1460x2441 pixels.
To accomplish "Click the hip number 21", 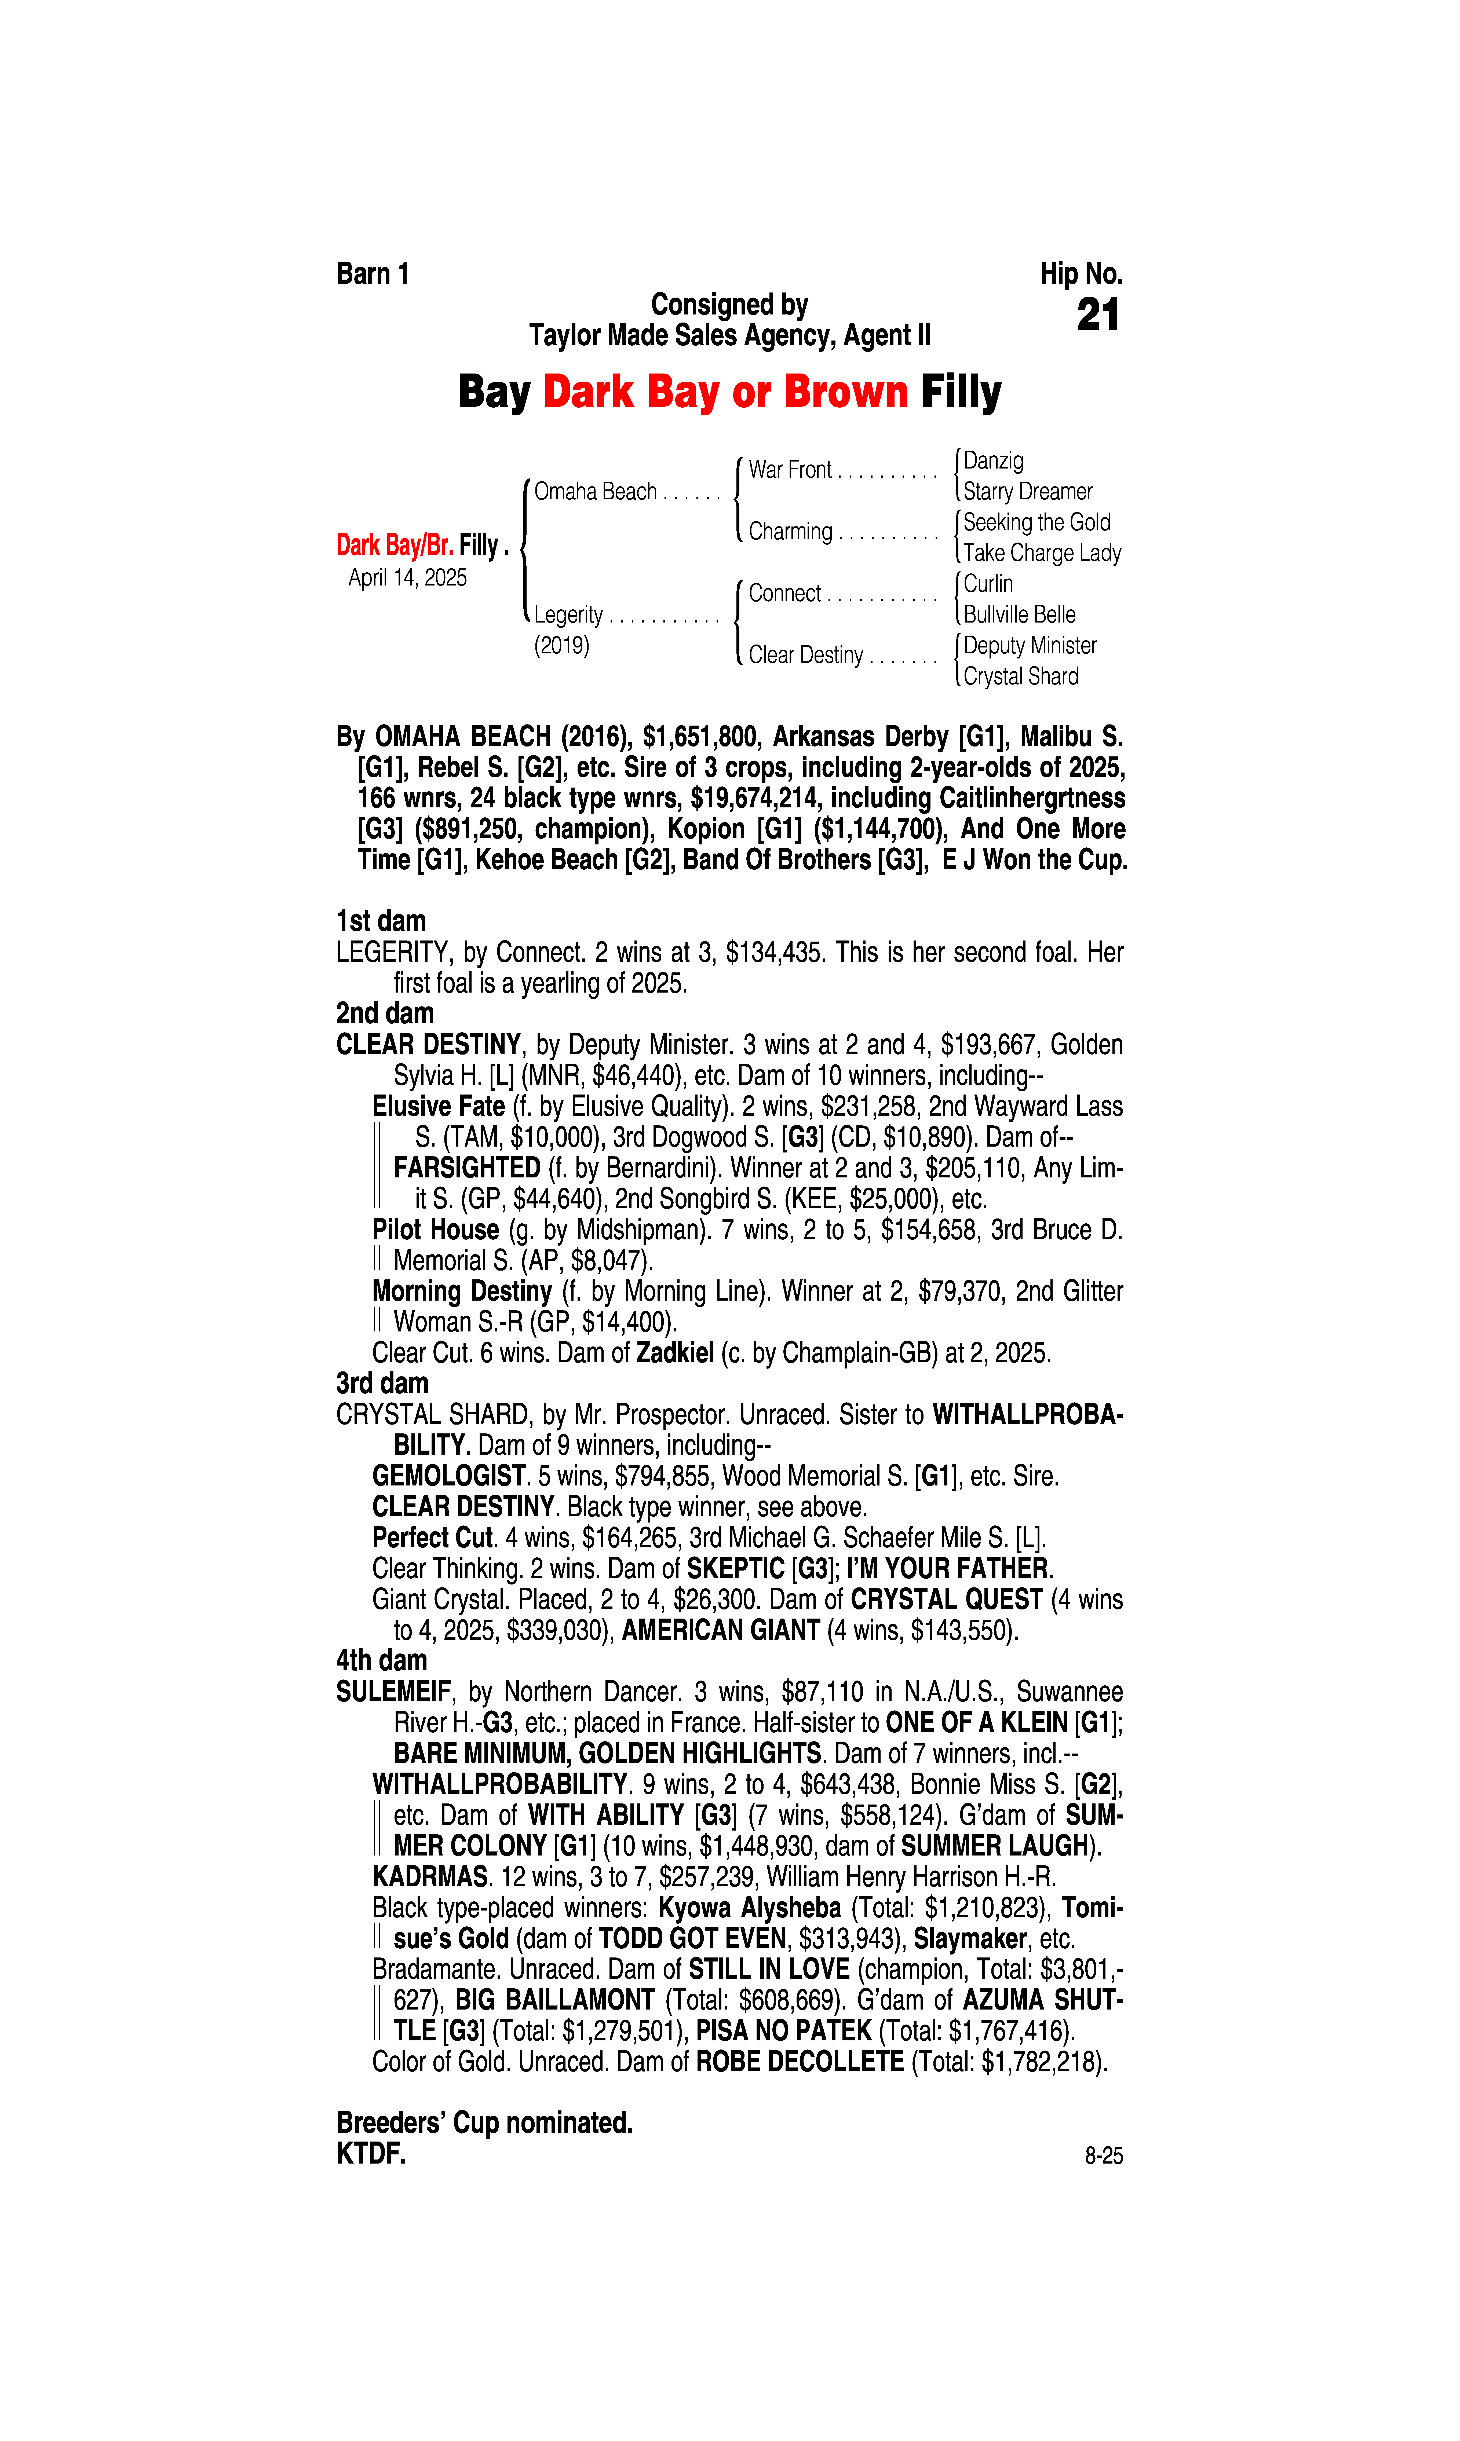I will click(1098, 315).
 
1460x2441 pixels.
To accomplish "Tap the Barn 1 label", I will click(372, 273).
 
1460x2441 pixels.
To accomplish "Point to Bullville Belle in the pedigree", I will click(1019, 615).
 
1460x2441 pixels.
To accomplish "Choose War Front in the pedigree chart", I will click(790, 470).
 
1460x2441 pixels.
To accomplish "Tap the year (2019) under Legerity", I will click(562, 646).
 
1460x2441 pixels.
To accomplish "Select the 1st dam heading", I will click(381, 921).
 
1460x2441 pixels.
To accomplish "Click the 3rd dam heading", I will click(382, 1384).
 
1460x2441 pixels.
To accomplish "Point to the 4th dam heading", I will click(382, 1661).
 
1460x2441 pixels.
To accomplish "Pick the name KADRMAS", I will click(430, 1876).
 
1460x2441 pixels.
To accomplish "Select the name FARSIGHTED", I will click(466, 1168).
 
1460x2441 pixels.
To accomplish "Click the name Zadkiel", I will click(675, 1353).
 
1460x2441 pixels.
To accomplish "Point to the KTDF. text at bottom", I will click(371, 2154).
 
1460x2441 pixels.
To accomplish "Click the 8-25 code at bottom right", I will click(1103, 2156).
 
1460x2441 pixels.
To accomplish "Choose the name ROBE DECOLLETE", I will click(800, 2061).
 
